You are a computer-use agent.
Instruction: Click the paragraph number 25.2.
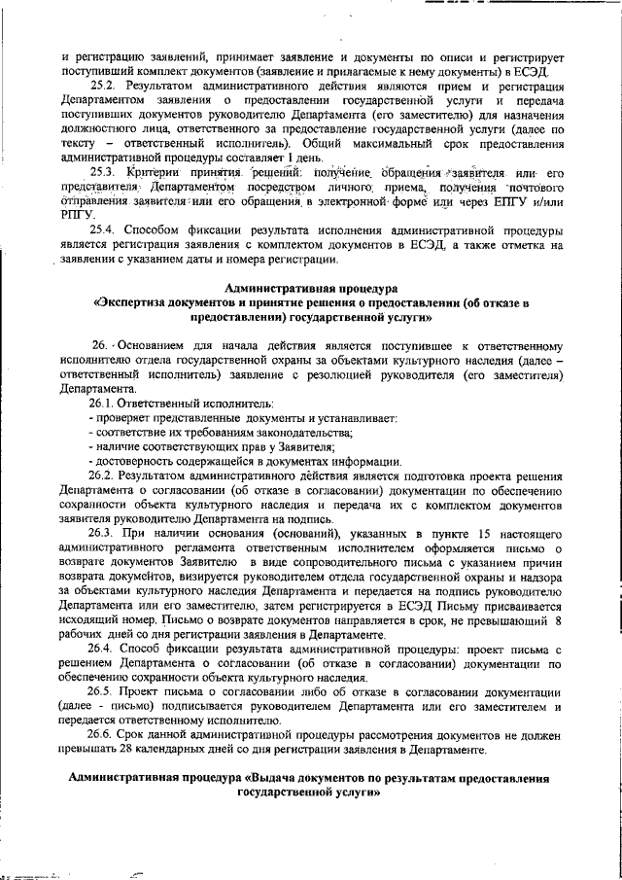(x=103, y=87)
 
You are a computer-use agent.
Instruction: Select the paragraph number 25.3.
(x=103, y=172)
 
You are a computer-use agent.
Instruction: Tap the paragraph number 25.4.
(x=103, y=230)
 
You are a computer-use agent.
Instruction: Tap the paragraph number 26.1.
(x=103, y=403)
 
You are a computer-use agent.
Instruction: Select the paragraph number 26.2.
(x=103, y=476)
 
